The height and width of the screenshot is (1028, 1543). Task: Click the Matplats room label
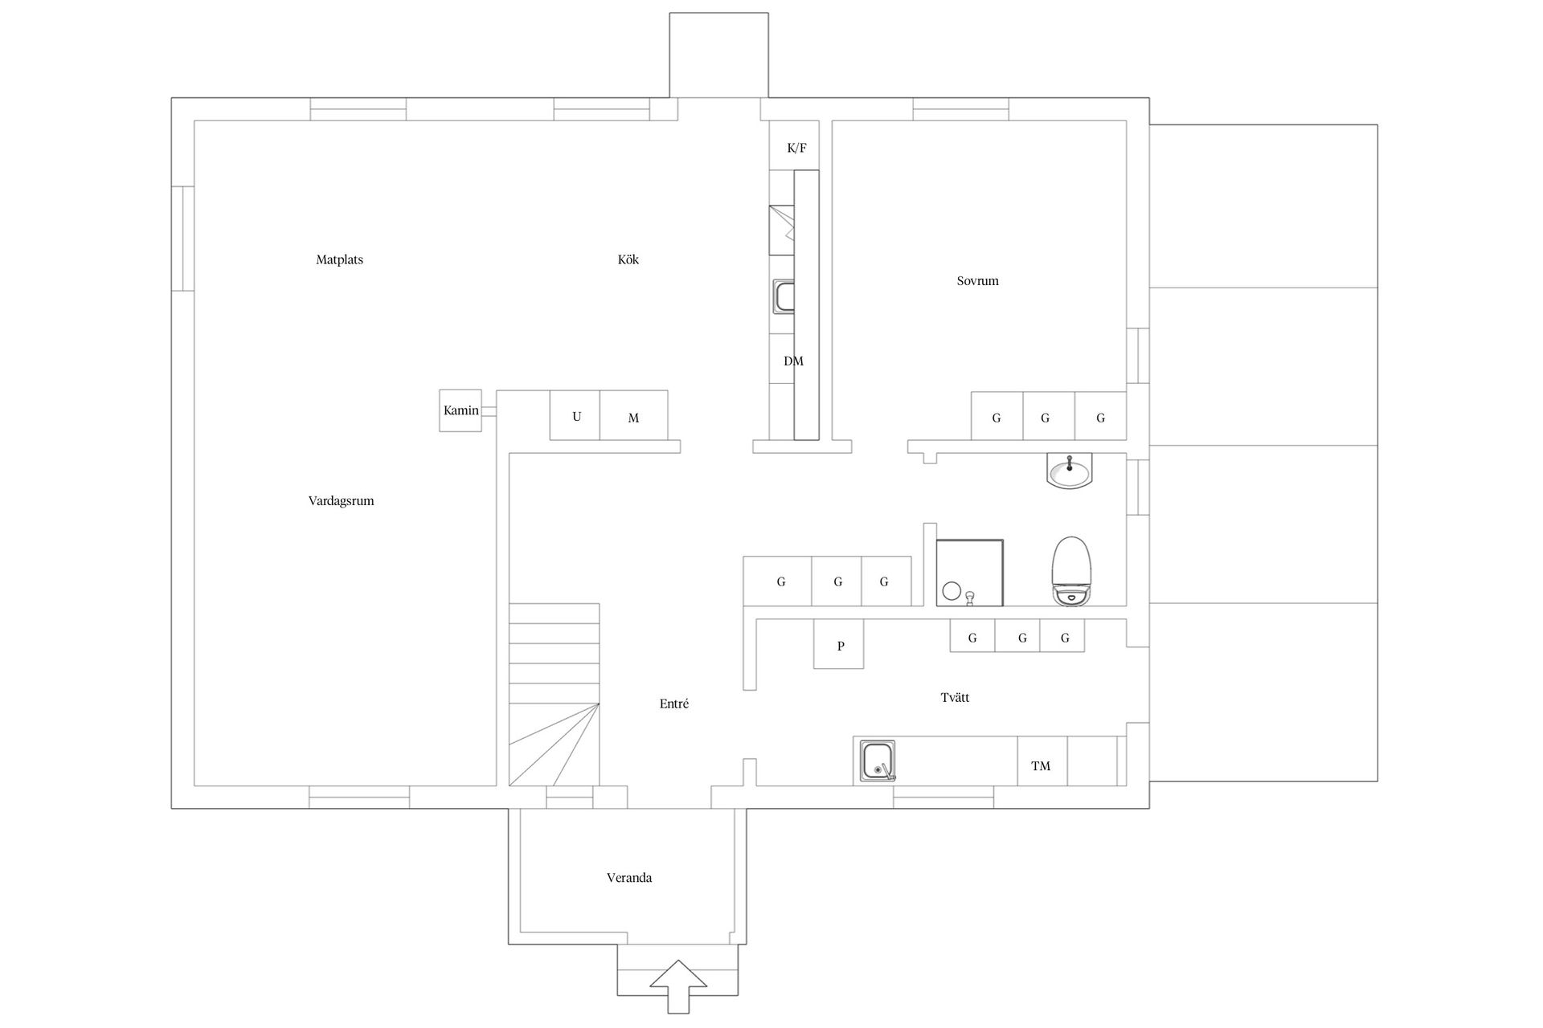(339, 260)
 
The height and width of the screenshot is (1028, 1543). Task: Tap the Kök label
(628, 259)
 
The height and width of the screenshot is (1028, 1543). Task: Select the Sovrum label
(977, 281)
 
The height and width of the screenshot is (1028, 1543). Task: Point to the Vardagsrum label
(341, 501)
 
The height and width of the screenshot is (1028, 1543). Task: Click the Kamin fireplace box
(460, 410)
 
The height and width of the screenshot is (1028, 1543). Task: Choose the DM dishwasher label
(793, 361)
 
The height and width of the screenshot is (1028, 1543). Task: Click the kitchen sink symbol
(784, 296)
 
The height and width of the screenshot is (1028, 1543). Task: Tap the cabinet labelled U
(575, 415)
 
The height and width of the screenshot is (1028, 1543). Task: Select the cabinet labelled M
(634, 415)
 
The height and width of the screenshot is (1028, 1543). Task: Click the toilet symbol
(1072, 571)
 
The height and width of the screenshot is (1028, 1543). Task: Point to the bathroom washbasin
(1070, 470)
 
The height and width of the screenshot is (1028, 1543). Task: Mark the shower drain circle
(952, 592)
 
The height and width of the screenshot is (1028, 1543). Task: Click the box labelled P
(839, 644)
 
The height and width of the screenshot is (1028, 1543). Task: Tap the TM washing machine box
(1042, 761)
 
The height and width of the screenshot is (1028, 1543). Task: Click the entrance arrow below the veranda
(678, 986)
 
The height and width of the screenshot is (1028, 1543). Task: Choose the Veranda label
(629, 878)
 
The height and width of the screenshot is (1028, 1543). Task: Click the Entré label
(674, 704)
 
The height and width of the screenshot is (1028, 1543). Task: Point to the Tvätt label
(955, 698)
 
